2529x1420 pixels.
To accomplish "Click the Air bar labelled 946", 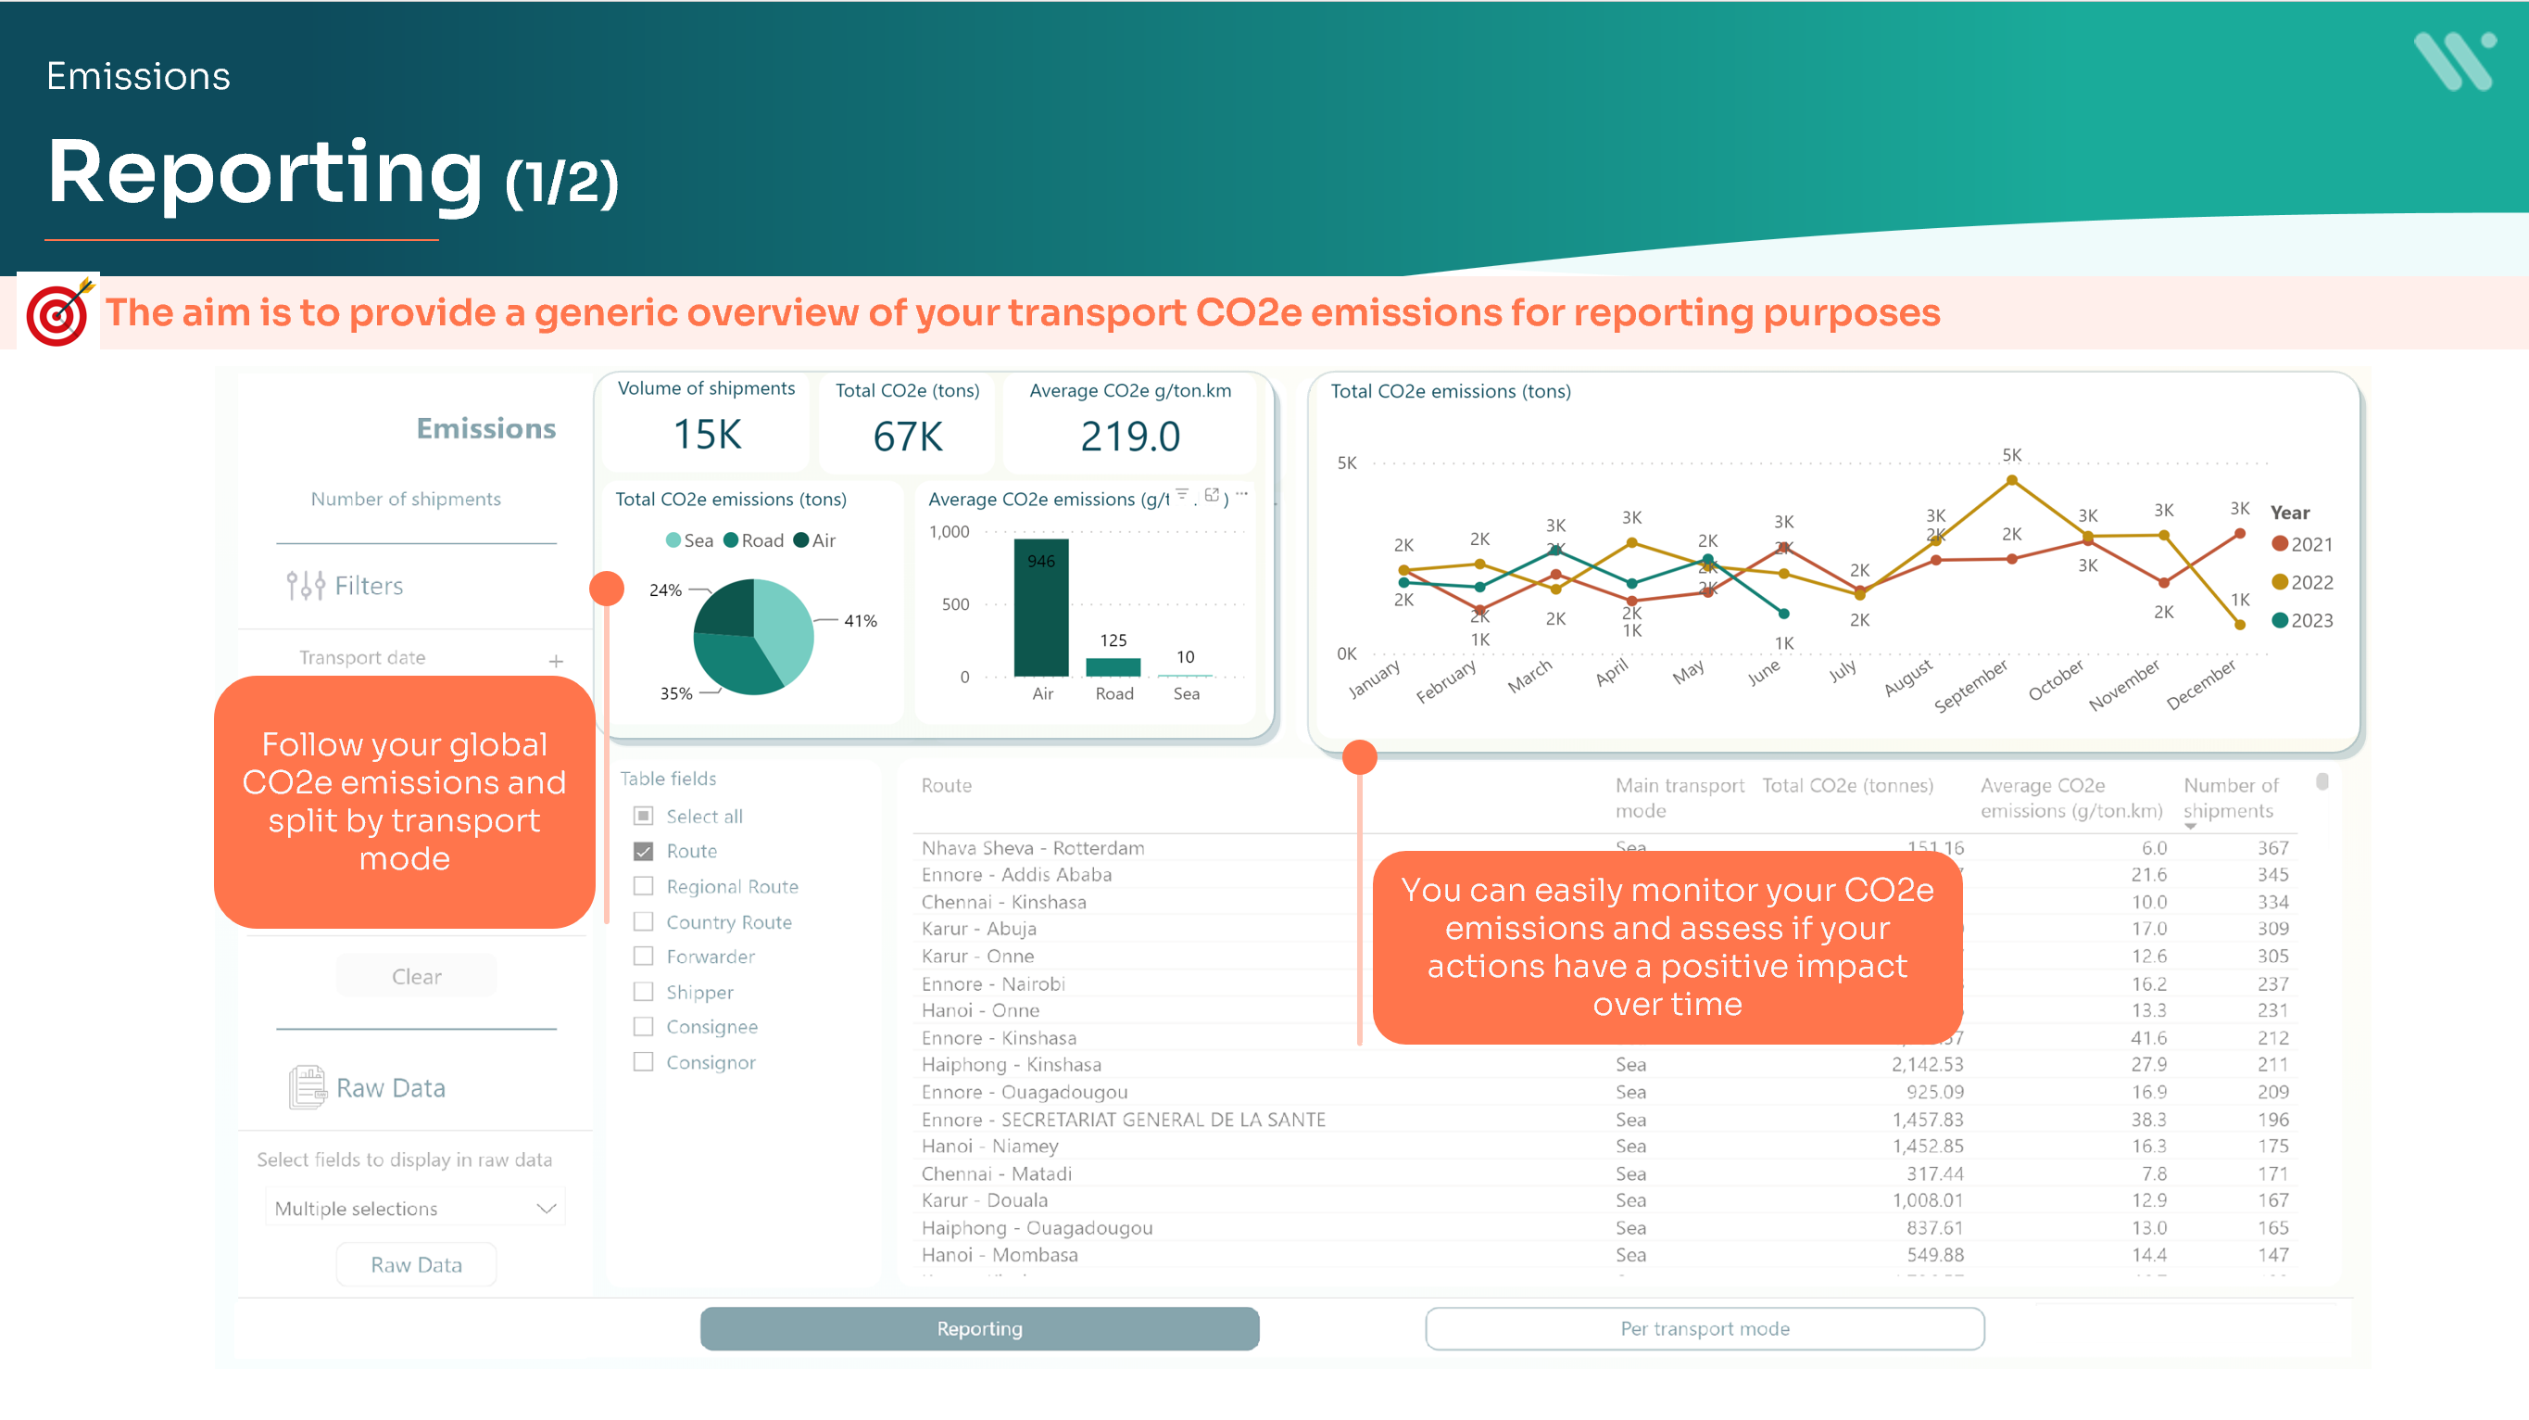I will coord(1040,609).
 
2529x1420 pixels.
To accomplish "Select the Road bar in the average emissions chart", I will coord(1114,666).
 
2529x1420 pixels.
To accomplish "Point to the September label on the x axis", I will coord(1970,686).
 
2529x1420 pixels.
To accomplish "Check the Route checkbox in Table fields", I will coord(644,852).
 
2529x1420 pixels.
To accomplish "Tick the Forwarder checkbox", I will coord(644,957).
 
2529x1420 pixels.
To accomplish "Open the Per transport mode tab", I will coord(1705,1328).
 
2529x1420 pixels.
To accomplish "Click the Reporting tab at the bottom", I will coord(979,1328).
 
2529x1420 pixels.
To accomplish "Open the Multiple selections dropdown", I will coord(415,1208).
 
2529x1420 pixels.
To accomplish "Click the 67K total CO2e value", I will coord(907,436).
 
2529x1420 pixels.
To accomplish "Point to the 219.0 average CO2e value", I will coord(1130,436).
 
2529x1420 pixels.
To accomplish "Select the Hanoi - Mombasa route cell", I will coord(1000,1255).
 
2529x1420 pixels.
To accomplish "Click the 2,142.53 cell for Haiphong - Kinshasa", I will coord(1927,1064).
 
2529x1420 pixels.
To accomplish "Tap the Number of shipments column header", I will coord(2229,798).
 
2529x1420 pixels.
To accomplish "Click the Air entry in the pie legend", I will coord(815,540).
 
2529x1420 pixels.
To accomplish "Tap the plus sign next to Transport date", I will coord(556,661).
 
